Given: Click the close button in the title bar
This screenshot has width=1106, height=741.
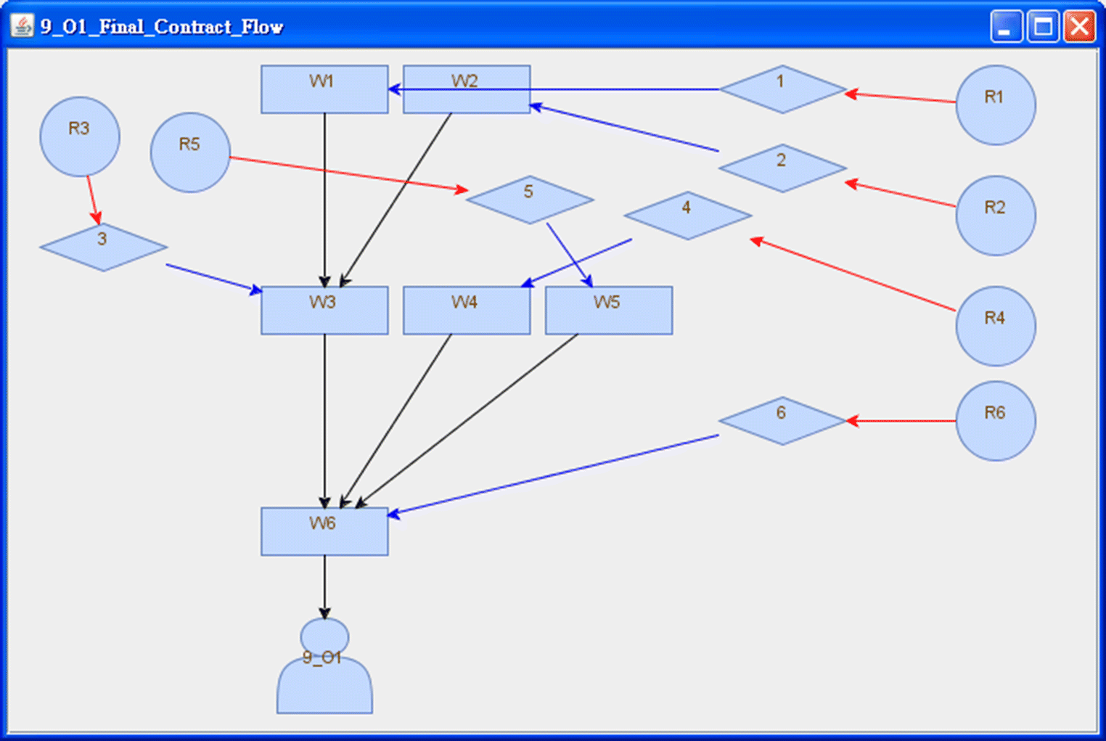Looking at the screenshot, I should click(x=1079, y=28).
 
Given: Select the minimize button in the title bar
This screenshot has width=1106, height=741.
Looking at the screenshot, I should click(x=1006, y=28).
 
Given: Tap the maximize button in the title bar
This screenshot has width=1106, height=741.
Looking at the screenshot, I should click(x=1043, y=28).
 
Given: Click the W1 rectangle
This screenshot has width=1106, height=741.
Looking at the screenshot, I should click(x=324, y=89).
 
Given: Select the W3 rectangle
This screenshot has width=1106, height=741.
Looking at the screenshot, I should click(x=324, y=311).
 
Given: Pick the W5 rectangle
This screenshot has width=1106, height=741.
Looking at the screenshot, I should click(x=608, y=311).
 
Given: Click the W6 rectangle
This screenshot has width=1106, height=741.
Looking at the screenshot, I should click(x=324, y=532).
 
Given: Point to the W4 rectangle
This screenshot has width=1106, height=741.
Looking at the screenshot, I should click(x=466, y=311).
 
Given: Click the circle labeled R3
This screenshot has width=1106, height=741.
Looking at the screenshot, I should click(x=80, y=136).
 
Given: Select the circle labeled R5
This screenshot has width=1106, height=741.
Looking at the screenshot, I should click(x=190, y=152).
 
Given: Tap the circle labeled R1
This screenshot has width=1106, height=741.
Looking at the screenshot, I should click(x=995, y=105).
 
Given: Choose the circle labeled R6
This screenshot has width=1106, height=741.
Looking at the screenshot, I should click(x=995, y=421).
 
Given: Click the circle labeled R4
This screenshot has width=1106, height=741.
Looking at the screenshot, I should click(x=995, y=326).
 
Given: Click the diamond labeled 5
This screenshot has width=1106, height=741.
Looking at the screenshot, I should click(x=530, y=200).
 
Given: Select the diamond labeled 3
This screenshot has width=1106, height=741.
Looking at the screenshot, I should click(x=103, y=247).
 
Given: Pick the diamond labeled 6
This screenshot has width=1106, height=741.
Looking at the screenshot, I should click(x=782, y=421).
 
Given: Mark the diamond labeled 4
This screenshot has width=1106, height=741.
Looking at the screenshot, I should click(x=687, y=216).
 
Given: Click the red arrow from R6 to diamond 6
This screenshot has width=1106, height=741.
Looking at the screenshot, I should click(x=900, y=421).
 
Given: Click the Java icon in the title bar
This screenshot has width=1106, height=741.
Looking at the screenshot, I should click(x=22, y=27).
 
